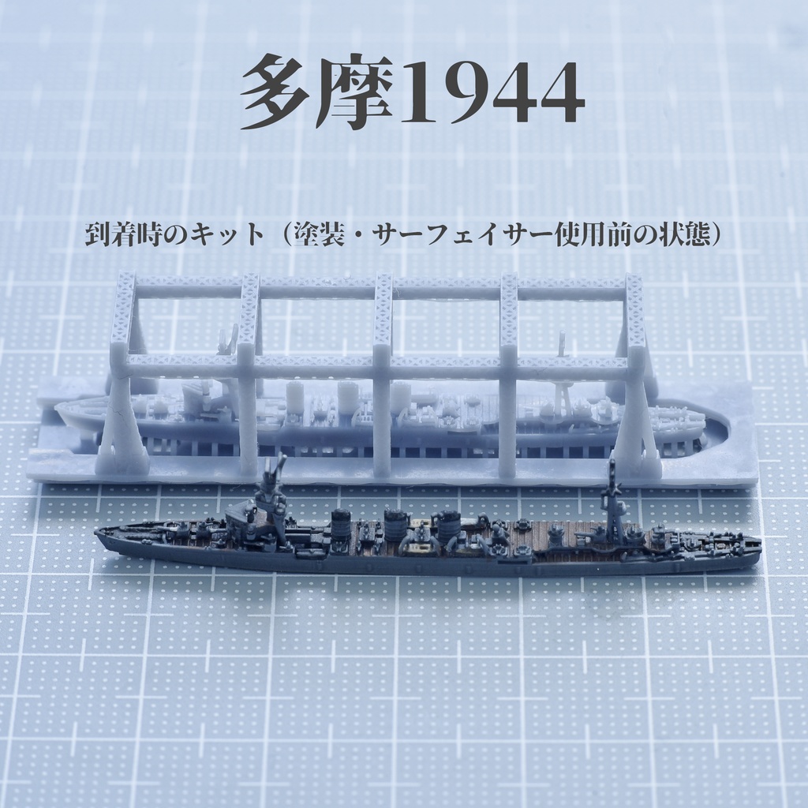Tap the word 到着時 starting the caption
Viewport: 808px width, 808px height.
pyautogui.click(x=119, y=234)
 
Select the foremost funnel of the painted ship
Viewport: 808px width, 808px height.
pyautogui.click(x=341, y=524)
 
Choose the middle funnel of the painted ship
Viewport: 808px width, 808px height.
pyautogui.click(x=395, y=524)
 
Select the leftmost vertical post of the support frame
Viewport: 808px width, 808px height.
pyautogui.click(x=123, y=371)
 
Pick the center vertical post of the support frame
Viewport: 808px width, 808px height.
pyautogui.click(x=383, y=371)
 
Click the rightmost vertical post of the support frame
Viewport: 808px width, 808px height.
pyautogui.click(x=635, y=371)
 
